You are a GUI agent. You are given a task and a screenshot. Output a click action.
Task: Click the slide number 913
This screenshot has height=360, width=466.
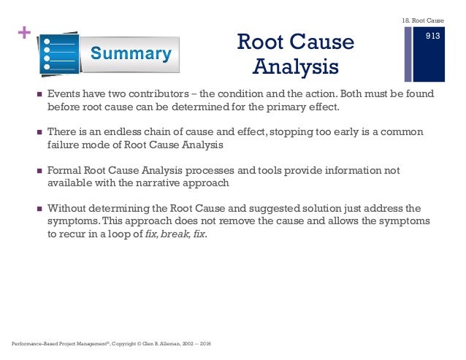point(432,34)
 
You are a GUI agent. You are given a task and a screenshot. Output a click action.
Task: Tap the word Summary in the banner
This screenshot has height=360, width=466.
point(131,53)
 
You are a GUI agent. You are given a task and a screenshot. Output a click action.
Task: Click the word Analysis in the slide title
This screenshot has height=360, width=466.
point(296,67)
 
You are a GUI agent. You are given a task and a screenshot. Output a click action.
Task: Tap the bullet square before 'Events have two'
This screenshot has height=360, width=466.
point(34,95)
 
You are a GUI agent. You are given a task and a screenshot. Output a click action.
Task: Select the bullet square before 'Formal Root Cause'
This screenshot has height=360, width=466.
point(34,171)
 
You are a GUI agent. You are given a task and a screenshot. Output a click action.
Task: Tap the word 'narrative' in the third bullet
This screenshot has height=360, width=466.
point(176,182)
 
